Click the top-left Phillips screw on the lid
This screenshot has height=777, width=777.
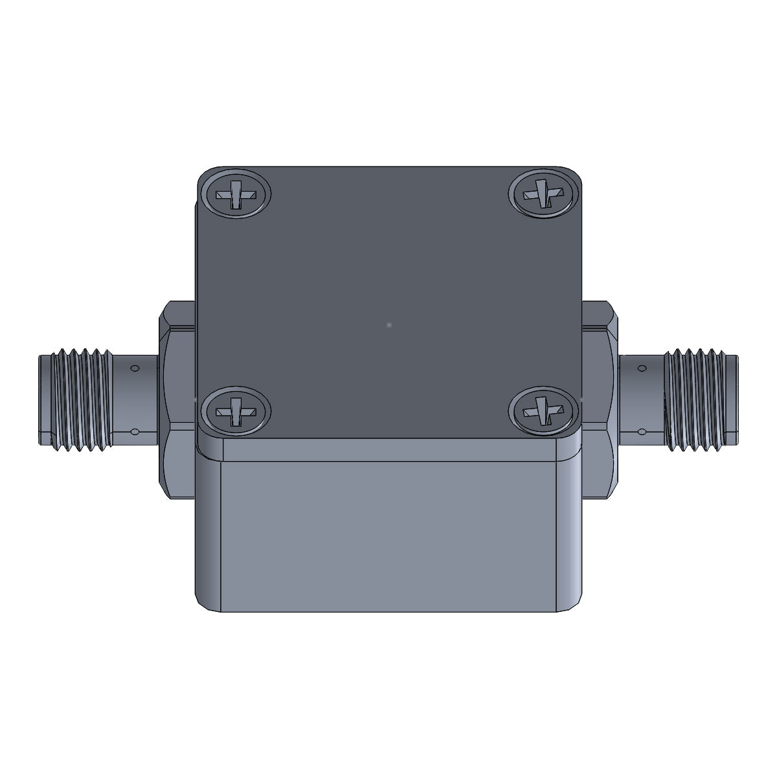point(235,194)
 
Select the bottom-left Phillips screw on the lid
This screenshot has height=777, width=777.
point(235,410)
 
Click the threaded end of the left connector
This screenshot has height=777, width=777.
point(78,400)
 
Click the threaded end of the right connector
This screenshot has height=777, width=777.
point(699,400)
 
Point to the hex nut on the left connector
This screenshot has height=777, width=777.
point(176,400)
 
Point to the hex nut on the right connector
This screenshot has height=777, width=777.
point(601,400)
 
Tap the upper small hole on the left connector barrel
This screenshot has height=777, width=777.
point(135,368)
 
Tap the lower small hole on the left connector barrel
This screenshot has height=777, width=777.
point(135,431)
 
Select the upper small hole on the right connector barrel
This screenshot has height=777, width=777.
point(642,368)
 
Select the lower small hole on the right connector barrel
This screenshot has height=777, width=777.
point(642,431)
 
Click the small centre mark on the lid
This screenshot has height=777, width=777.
point(388,325)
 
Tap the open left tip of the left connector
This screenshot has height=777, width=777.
point(43,400)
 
